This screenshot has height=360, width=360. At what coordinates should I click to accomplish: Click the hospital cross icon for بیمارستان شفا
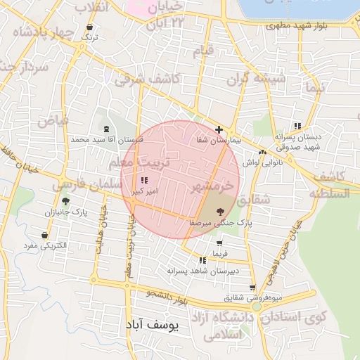(x=219, y=130)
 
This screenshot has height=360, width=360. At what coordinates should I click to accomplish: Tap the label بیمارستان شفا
(x=219, y=141)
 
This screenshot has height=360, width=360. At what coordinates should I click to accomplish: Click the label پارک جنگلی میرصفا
(x=219, y=222)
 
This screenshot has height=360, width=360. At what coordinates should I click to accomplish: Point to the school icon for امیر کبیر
(x=144, y=181)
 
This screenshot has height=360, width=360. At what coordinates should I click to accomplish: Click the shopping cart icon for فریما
(x=219, y=243)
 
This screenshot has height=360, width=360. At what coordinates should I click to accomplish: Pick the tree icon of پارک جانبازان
(x=65, y=201)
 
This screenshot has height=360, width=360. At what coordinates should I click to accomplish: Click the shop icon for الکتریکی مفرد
(x=45, y=235)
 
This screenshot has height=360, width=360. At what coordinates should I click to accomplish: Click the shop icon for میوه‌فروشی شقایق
(x=252, y=288)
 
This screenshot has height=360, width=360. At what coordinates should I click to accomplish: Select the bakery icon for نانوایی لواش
(x=262, y=152)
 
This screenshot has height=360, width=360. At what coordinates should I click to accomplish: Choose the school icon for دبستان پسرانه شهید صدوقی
(x=298, y=126)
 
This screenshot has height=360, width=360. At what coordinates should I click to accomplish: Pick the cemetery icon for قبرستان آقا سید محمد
(x=106, y=129)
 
